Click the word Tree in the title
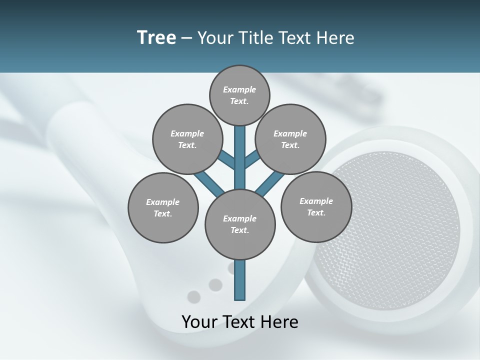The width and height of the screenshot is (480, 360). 156,37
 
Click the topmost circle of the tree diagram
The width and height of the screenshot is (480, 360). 239,95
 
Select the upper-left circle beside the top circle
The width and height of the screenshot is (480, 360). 187,139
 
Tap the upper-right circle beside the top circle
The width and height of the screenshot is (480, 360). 290,139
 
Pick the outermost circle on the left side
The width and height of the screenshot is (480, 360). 163,207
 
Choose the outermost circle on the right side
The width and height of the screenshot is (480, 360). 316,206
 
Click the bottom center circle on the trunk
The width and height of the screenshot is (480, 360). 240,224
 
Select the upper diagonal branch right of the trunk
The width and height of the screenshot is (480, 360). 253,159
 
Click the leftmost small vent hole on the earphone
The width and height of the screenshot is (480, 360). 193,297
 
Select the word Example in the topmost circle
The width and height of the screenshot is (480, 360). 239,89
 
